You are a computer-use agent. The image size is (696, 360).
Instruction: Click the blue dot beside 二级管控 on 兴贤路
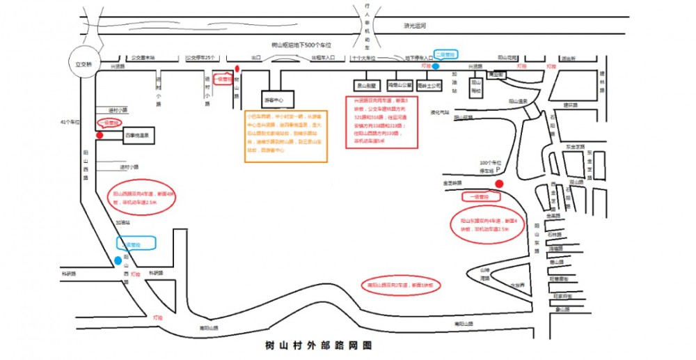(x=435, y=66)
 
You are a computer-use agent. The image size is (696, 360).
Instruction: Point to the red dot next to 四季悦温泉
(x=100, y=135)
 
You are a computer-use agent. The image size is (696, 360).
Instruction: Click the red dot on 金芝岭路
(x=499, y=184)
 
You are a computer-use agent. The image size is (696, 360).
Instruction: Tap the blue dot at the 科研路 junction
(x=116, y=261)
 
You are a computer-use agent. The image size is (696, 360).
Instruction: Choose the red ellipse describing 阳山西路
(x=141, y=198)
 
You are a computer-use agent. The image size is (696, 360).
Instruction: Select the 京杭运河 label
(x=414, y=26)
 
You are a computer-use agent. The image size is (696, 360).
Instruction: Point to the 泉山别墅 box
(x=367, y=86)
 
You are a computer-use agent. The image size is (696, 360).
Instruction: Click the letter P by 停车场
(x=498, y=168)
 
